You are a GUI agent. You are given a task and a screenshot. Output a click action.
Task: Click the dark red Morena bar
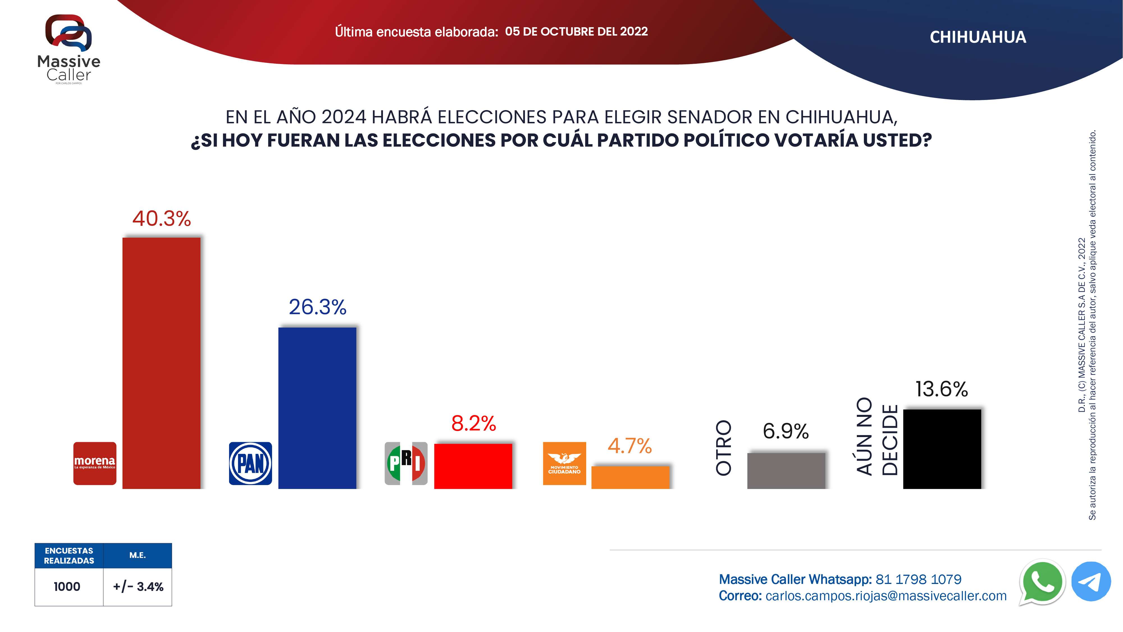click(161, 363)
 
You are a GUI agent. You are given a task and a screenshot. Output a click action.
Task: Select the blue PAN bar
click(317, 408)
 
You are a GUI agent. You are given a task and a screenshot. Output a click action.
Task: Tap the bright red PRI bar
click(473, 466)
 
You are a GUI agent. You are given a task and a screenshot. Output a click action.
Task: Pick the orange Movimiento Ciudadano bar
click(630, 477)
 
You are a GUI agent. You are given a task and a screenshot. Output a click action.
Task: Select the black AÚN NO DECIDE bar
click(942, 449)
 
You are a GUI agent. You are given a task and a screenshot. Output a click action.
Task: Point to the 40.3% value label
click(162, 219)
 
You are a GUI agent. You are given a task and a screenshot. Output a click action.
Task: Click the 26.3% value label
click(317, 307)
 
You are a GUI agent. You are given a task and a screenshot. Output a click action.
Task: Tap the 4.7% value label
click(629, 446)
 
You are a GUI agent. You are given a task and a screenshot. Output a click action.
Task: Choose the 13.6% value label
click(941, 389)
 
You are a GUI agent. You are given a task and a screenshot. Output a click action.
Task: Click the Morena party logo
click(95, 463)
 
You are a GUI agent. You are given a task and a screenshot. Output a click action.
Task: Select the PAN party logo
click(250, 463)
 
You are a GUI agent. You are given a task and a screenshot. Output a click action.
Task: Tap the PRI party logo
click(406, 463)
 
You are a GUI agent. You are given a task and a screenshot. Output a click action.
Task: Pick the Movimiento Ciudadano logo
click(564, 463)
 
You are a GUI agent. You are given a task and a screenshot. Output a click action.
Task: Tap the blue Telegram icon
click(1091, 581)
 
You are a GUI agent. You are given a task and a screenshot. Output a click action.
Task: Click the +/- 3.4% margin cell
click(138, 587)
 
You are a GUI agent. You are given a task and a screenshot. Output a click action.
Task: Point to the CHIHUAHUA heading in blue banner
click(978, 37)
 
